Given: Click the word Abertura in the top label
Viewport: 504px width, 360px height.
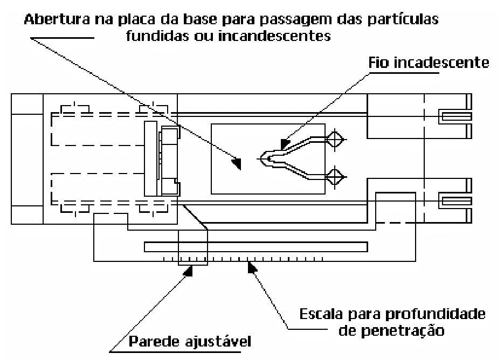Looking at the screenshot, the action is coord(57,19).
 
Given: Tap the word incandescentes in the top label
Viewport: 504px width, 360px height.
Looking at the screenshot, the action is coord(274,36).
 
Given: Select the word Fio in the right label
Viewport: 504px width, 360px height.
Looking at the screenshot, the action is coord(378,63).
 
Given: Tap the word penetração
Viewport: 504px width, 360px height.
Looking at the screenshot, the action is coord(403,331).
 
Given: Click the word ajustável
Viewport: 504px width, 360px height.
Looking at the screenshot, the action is coord(218,342).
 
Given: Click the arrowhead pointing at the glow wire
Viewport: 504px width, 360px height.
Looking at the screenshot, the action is coord(285,144).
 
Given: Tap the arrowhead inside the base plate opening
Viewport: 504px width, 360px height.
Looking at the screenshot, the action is coord(237,163).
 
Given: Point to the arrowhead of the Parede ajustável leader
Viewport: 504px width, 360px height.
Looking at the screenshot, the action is coord(188,271).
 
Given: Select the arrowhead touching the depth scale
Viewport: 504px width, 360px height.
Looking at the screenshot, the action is coord(252,267).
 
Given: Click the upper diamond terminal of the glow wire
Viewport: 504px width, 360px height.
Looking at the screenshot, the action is coord(335,140).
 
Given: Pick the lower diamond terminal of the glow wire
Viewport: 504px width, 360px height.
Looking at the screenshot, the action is coord(335,177).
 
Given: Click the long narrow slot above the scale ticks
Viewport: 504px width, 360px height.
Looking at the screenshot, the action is coord(256,246).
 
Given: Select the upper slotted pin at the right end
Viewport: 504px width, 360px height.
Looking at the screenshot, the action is coord(455,116).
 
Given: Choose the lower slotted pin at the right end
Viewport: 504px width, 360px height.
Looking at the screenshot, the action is coord(455,201).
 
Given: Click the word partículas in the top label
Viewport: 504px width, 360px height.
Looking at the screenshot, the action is coord(403,20).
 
